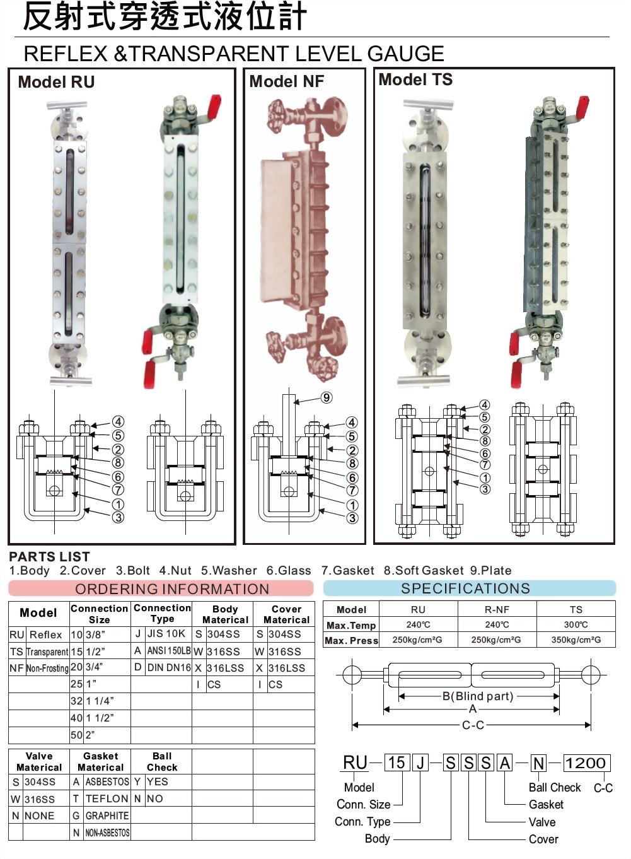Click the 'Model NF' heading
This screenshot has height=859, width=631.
[x=287, y=81]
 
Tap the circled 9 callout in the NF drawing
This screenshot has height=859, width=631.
[x=327, y=398]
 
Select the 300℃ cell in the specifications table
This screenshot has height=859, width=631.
[x=576, y=624]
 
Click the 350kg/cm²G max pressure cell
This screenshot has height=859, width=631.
[x=576, y=640]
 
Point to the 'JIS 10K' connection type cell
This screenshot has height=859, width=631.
[x=166, y=633]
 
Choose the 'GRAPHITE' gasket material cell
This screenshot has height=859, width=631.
[x=107, y=815]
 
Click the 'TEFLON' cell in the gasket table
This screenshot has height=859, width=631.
[x=107, y=798]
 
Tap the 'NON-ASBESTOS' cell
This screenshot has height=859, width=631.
[x=107, y=833]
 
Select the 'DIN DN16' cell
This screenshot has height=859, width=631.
[x=169, y=668]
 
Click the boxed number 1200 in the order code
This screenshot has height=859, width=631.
[x=586, y=763]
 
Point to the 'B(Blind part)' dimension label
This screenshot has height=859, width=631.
[x=478, y=696]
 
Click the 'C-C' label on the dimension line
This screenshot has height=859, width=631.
[x=473, y=725]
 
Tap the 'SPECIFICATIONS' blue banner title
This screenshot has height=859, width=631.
[x=465, y=588]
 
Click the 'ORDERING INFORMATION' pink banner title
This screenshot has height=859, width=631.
[x=172, y=589]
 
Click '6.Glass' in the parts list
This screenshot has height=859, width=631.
[x=289, y=570]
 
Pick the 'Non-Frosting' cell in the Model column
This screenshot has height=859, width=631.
[x=47, y=668]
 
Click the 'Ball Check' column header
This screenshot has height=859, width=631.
[x=162, y=761]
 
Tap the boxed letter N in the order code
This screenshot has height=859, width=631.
[x=538, y=763]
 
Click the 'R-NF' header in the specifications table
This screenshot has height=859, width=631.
[x=497, y=609]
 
